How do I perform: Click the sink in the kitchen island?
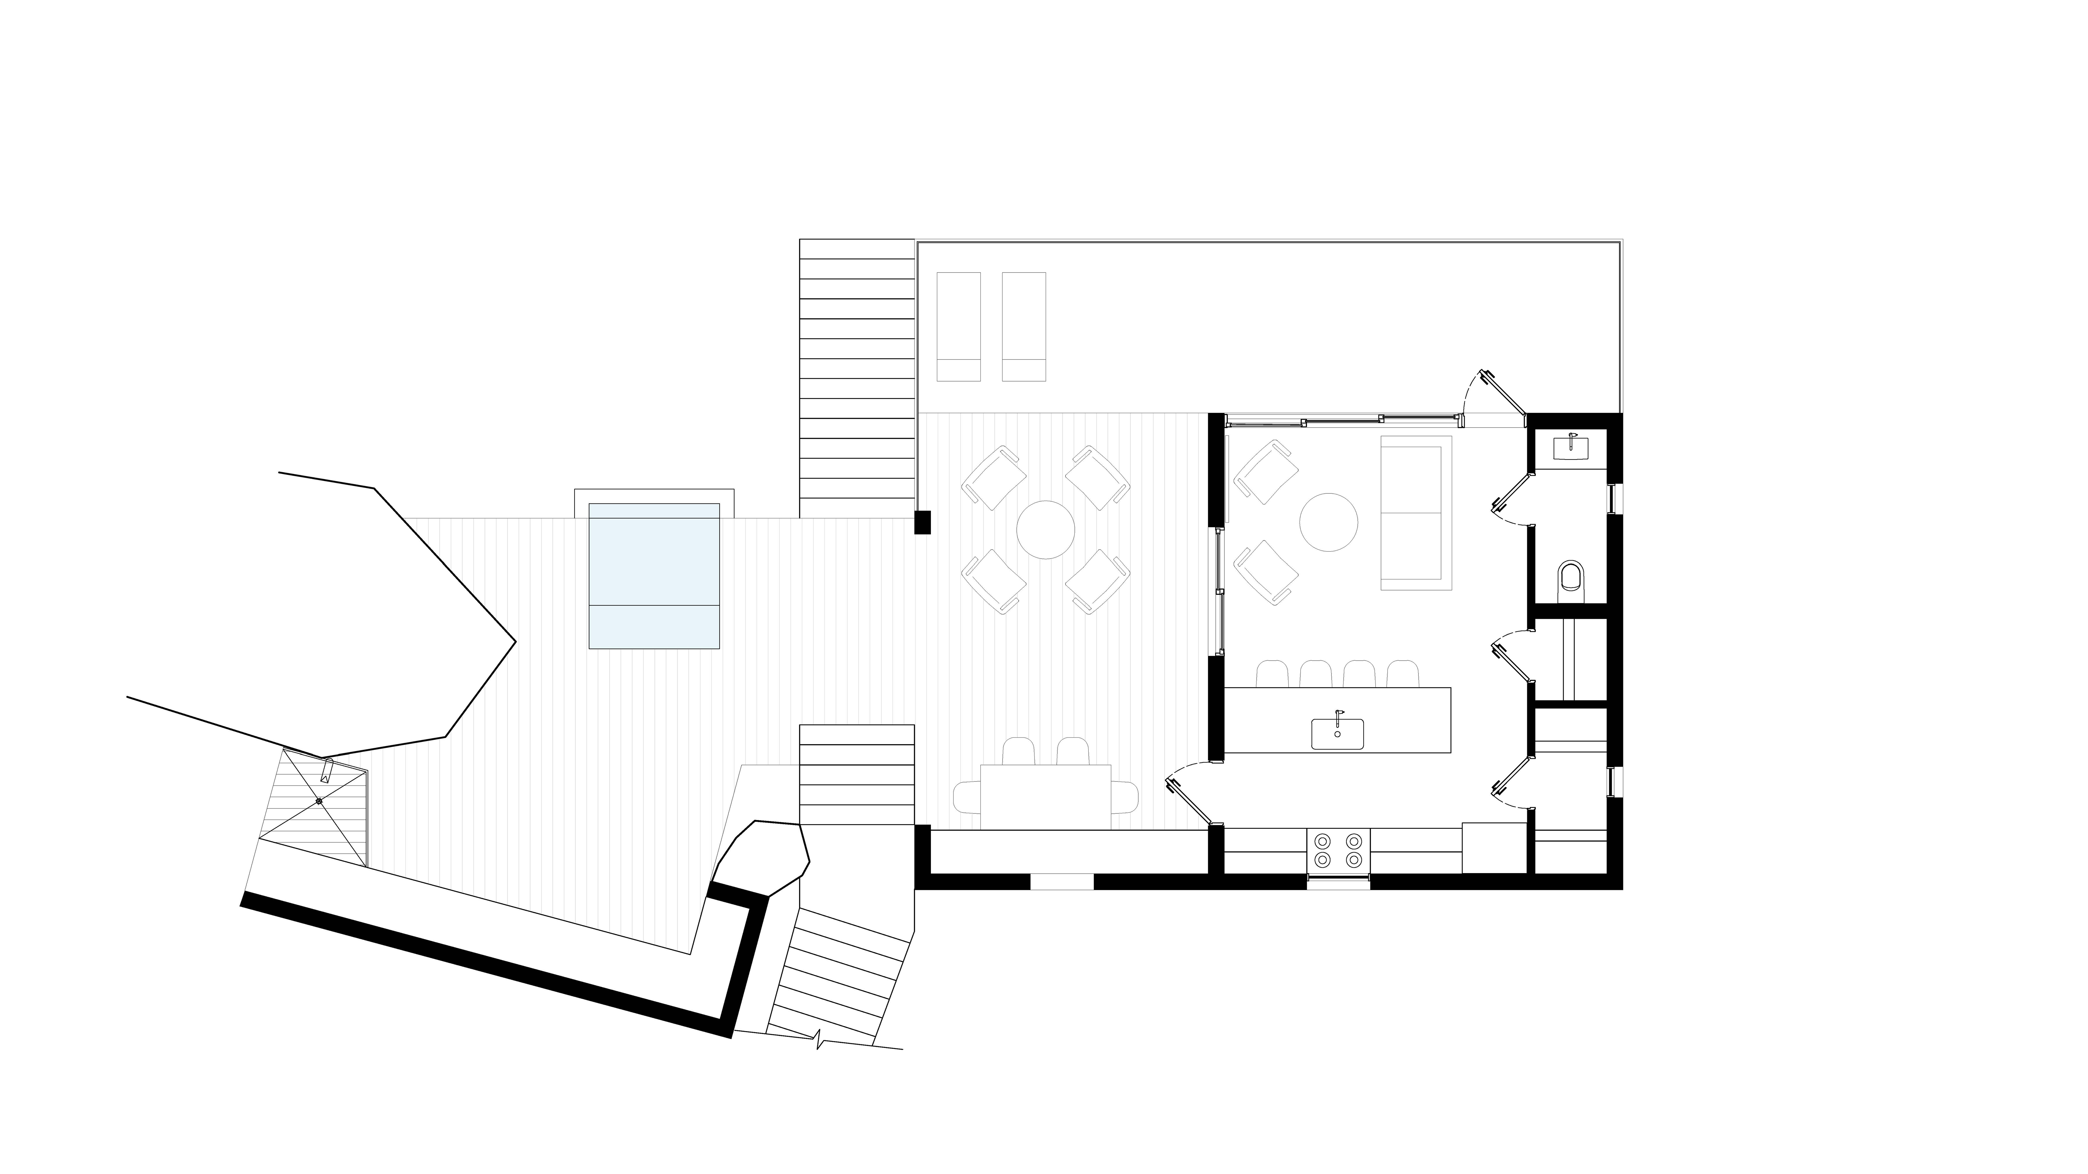tap(1337, 733)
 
